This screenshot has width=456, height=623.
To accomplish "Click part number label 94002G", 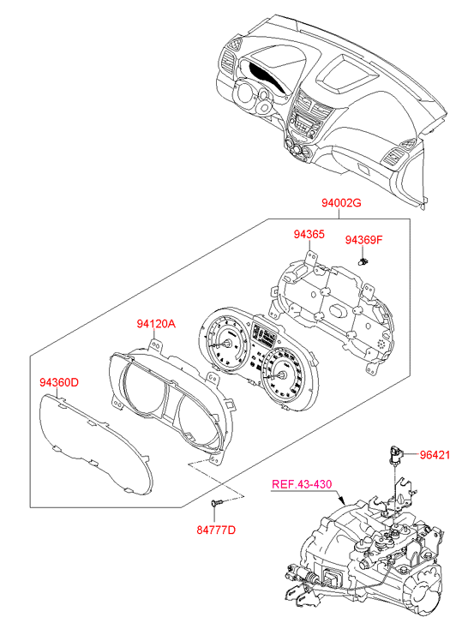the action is pos(341,203).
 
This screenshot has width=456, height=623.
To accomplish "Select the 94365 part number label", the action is pos(309,235).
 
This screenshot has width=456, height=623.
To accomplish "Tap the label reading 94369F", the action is pos(363,240).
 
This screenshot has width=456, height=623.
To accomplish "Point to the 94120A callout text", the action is pos(156,324).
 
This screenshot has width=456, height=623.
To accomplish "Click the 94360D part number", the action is pos(59,382).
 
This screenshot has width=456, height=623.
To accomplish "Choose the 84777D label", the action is pos(216,530).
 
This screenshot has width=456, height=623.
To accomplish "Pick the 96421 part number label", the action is pos(435,454).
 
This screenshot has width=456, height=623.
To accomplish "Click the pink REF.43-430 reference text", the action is pos(302,484).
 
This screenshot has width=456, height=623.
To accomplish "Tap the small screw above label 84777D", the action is pos(216,503).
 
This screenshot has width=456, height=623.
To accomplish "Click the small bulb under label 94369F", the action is pos(363,261).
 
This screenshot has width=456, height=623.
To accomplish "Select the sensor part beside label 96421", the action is pos(395,454).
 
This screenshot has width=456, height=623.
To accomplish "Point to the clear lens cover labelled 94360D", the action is pos(95,442).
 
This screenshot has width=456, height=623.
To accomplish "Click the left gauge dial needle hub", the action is pos(228,344).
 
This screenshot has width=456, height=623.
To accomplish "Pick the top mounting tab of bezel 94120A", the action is pos(155,344).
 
